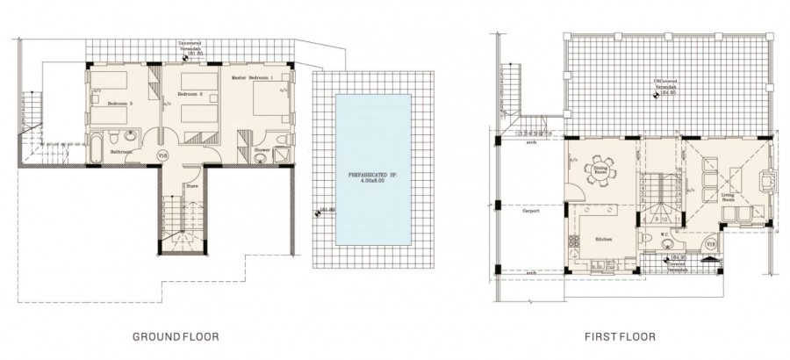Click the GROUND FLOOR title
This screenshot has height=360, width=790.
tap(176, 335)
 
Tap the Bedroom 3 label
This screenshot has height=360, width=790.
tap(120, 104)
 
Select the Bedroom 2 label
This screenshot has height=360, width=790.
tap(190, 94)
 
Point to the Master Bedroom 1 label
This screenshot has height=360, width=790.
tap(254, 78)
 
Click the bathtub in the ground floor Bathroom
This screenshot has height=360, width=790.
tap(97, 149)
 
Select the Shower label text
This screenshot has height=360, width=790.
tap(261, 149)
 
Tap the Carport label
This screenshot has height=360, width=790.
tap(529, 212)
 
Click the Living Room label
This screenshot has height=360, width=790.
tap(728, 198)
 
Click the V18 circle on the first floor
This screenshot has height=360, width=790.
tap(710, 243)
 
